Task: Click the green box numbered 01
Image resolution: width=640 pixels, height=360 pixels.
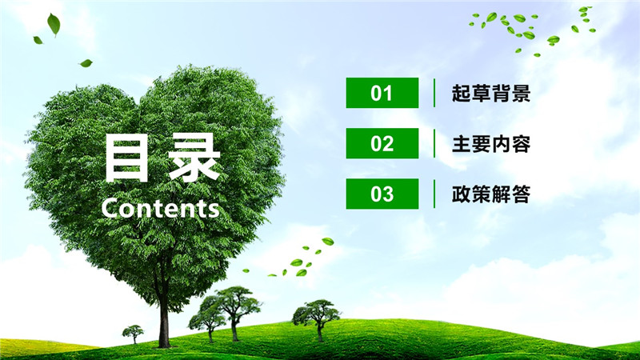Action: (x=382, y=93)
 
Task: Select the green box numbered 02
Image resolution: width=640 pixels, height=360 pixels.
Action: (x=382, y=143)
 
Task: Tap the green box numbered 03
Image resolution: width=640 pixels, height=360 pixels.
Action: (x=382, y=194)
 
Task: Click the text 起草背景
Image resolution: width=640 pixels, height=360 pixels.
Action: (x=491, y=94)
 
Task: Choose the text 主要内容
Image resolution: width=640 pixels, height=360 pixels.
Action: (x=491, y=144)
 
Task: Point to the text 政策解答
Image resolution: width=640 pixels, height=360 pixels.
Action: (x=491, y=194)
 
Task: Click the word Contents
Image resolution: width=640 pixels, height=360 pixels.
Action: (x=161, y=208)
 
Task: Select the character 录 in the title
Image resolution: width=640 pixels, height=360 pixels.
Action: (x=194, y=158)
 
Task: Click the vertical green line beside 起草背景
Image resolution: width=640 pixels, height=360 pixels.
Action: (x=434, y=93)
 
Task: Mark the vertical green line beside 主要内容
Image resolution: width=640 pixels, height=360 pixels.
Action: (x=434, y=143)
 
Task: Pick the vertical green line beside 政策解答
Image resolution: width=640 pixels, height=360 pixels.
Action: (x=434, y=194)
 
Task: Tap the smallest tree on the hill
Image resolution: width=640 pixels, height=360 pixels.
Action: (x=133, y=334)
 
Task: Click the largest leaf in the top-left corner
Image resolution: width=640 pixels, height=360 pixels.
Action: (x=54, y=24)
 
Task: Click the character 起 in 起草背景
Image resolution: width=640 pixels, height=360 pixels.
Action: (x=462, y=94)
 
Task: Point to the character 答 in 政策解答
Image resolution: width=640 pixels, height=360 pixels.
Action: (x=521, y=194)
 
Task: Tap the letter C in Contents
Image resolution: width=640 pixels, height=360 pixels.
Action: (x=110, y=208)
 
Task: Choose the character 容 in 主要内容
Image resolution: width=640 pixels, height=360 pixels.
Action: (x=521, y=144)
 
